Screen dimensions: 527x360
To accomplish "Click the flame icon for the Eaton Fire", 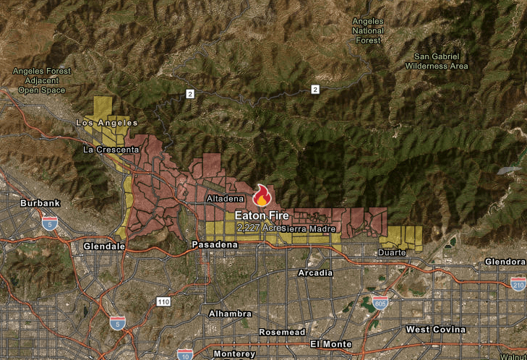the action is (262, 196).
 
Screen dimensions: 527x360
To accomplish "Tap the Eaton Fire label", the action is (262, 215).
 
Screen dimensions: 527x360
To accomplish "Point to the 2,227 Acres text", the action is (261, 227).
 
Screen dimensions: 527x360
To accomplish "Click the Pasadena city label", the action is (215, 245).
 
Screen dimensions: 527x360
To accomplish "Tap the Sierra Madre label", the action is (312, 229).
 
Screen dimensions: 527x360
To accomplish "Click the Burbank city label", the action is (40, 203).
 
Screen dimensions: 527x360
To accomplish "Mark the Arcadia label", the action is (316, 273).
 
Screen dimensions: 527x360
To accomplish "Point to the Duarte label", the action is (391, 253).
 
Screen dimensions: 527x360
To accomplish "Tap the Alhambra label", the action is (230, 314).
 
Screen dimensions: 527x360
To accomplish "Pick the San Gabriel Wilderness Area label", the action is (441, 61).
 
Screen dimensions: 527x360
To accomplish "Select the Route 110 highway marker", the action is (163, 301).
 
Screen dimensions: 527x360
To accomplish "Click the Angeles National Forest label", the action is (368, 30).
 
